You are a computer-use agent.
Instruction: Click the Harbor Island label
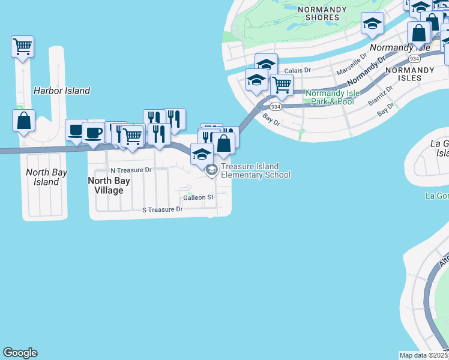[x=62, y=91]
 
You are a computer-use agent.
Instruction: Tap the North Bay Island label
[x=46, y=177]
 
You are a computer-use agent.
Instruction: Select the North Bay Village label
[x=106, y=185]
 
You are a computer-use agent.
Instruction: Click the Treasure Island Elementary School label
[x=255, y=170]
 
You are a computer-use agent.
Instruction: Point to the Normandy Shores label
[x=322, y=14]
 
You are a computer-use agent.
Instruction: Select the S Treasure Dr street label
[x=162, y=209]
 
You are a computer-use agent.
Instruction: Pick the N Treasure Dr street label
[x=131, y=170]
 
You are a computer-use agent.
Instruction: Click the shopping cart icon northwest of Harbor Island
[x=22, y=47]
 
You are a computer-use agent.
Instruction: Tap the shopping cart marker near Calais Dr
[x=282, y=85]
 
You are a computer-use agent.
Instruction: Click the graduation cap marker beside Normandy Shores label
[x=372, y=25]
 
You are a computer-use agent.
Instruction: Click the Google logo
[x=20, y=353]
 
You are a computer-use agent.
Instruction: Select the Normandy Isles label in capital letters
[x=409, y=74]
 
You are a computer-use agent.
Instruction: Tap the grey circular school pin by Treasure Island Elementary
[x=211, y=170]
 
